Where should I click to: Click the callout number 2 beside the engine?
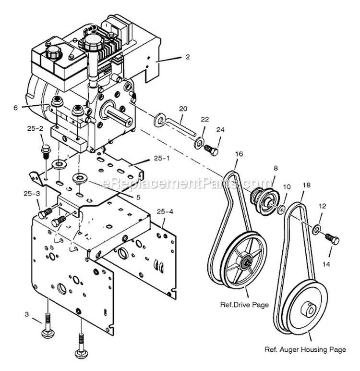[188, 57]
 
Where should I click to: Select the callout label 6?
[15, 108]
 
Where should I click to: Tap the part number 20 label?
[182, 109]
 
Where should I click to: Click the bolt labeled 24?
[211, 150]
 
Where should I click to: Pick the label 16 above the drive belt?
[239, 153]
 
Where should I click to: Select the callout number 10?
[287, 186]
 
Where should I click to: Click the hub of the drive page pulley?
[247, 261]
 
